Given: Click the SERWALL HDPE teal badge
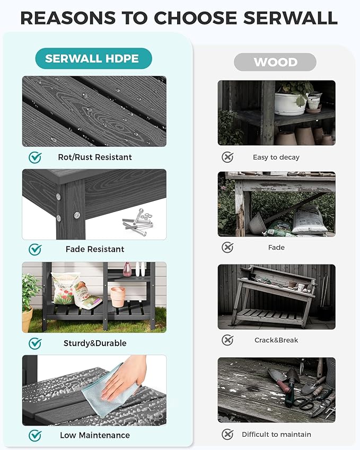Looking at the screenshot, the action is [x=94, y=58].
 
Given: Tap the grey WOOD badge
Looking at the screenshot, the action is [x=275, y=62].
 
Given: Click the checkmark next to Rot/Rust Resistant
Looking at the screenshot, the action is [x=35, y=157].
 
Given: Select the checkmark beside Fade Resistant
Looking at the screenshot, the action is [x=35, y=250].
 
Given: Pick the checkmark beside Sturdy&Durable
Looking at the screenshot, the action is [x=35, y=343].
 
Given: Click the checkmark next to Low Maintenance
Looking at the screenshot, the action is [x=35, y=435].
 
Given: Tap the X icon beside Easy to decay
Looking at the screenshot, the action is [x=227, y=157].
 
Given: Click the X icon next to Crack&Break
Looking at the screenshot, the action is [x=227, y=340].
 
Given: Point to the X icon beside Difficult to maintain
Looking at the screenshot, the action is [x=227, y=434].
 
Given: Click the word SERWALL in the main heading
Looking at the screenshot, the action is [x=290, y=18].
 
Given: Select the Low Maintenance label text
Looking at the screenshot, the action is [x=95, y=435].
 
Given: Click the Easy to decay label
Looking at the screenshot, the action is [x=276, y=157].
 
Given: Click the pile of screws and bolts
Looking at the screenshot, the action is [x=138, y=222].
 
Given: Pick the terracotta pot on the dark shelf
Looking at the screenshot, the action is [x=118, y=297].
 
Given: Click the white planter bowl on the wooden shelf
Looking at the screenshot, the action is [x=291, y=103].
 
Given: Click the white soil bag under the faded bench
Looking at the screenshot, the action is [x=309, y=220].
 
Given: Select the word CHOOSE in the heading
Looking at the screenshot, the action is [x=196, y=18].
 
